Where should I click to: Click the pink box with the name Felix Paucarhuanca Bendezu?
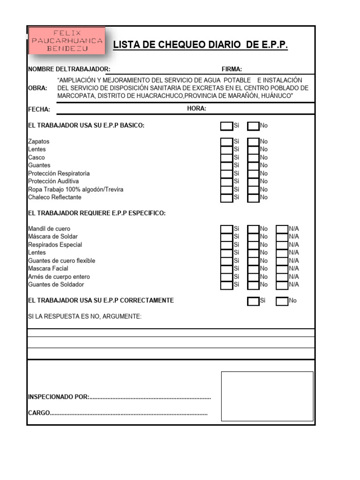[x=66, y=41]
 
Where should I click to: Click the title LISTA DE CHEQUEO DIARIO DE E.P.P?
[x=200, y=45]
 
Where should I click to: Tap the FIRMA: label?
[x=232, y=69]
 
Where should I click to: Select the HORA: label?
[x=196, y=109]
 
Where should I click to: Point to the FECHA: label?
[x=39, y=109]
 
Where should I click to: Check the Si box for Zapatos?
[x=227, y=142]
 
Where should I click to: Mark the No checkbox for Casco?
[x=254, y=157]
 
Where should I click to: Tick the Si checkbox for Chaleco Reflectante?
[x=227, y=197]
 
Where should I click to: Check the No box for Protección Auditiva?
[x=254, y=181]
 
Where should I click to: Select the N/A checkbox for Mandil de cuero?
[x=282, y=229]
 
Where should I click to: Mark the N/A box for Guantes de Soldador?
[x=282, y=285]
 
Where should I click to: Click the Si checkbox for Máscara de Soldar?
[x=227, y=237]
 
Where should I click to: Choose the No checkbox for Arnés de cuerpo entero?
[x=254, y=277]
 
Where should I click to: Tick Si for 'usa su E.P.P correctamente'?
[x=253, y=301]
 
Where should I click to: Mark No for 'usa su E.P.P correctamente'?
[x=282, y=301]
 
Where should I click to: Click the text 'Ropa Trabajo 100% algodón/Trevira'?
[x=76, y=189]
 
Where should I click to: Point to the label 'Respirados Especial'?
[x=55, y=245]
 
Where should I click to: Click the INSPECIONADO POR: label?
[x=58, y=397]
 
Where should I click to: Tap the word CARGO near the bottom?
[x=39, y=413]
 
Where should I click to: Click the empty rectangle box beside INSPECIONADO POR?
[x=267, y=396]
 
